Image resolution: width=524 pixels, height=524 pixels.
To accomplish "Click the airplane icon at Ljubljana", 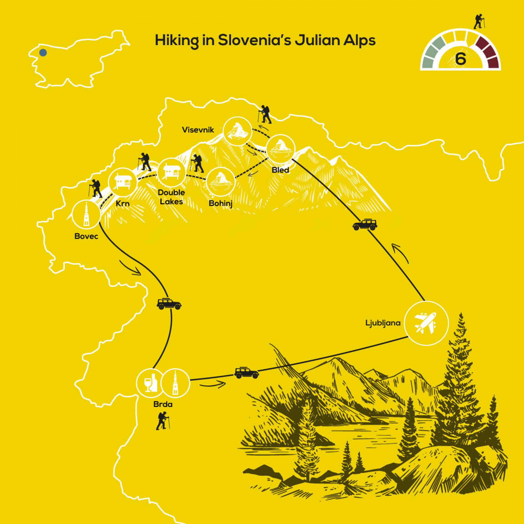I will (x=426, y=323).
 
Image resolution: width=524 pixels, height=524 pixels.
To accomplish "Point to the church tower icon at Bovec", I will (x=86, y=215).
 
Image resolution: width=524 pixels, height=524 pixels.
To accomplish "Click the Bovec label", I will (x=86, y=236).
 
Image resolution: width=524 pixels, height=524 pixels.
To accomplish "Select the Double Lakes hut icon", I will (x=171, y=172).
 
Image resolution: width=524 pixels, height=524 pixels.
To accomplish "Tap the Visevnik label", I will (x=198, y=130).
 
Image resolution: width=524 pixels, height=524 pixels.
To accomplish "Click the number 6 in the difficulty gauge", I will (x=460, y=59).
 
